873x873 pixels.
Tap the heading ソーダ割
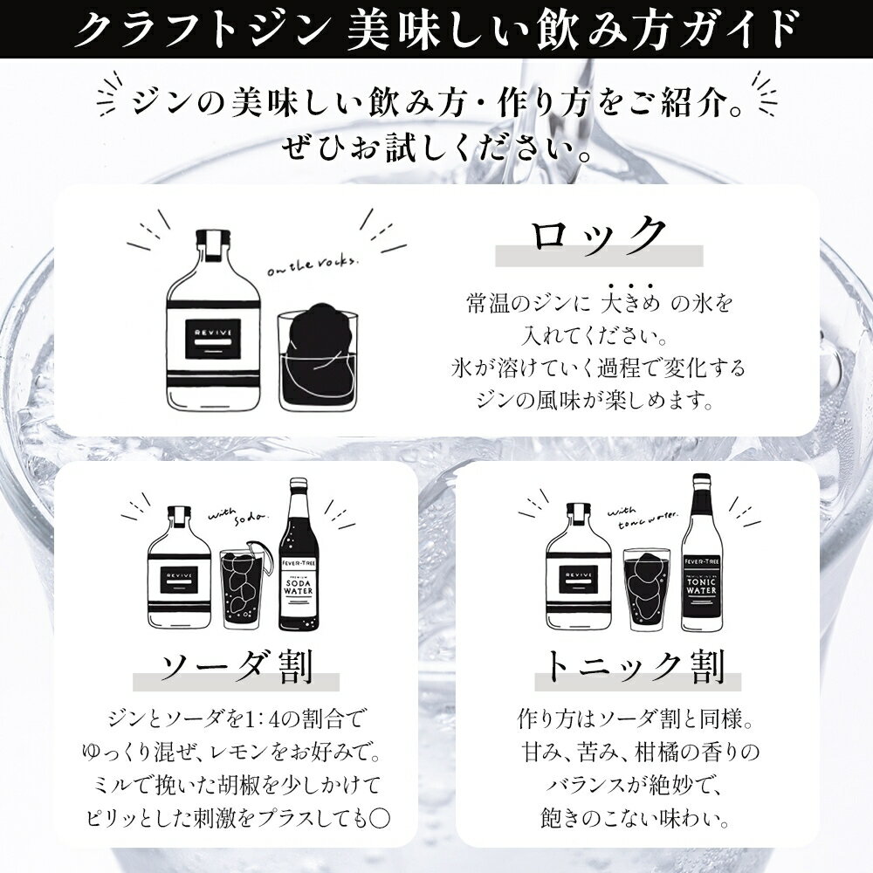[x=237, y=667]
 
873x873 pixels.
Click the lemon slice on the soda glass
[x=258, y=548]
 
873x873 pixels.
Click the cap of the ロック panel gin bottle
[x=213, y=237]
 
